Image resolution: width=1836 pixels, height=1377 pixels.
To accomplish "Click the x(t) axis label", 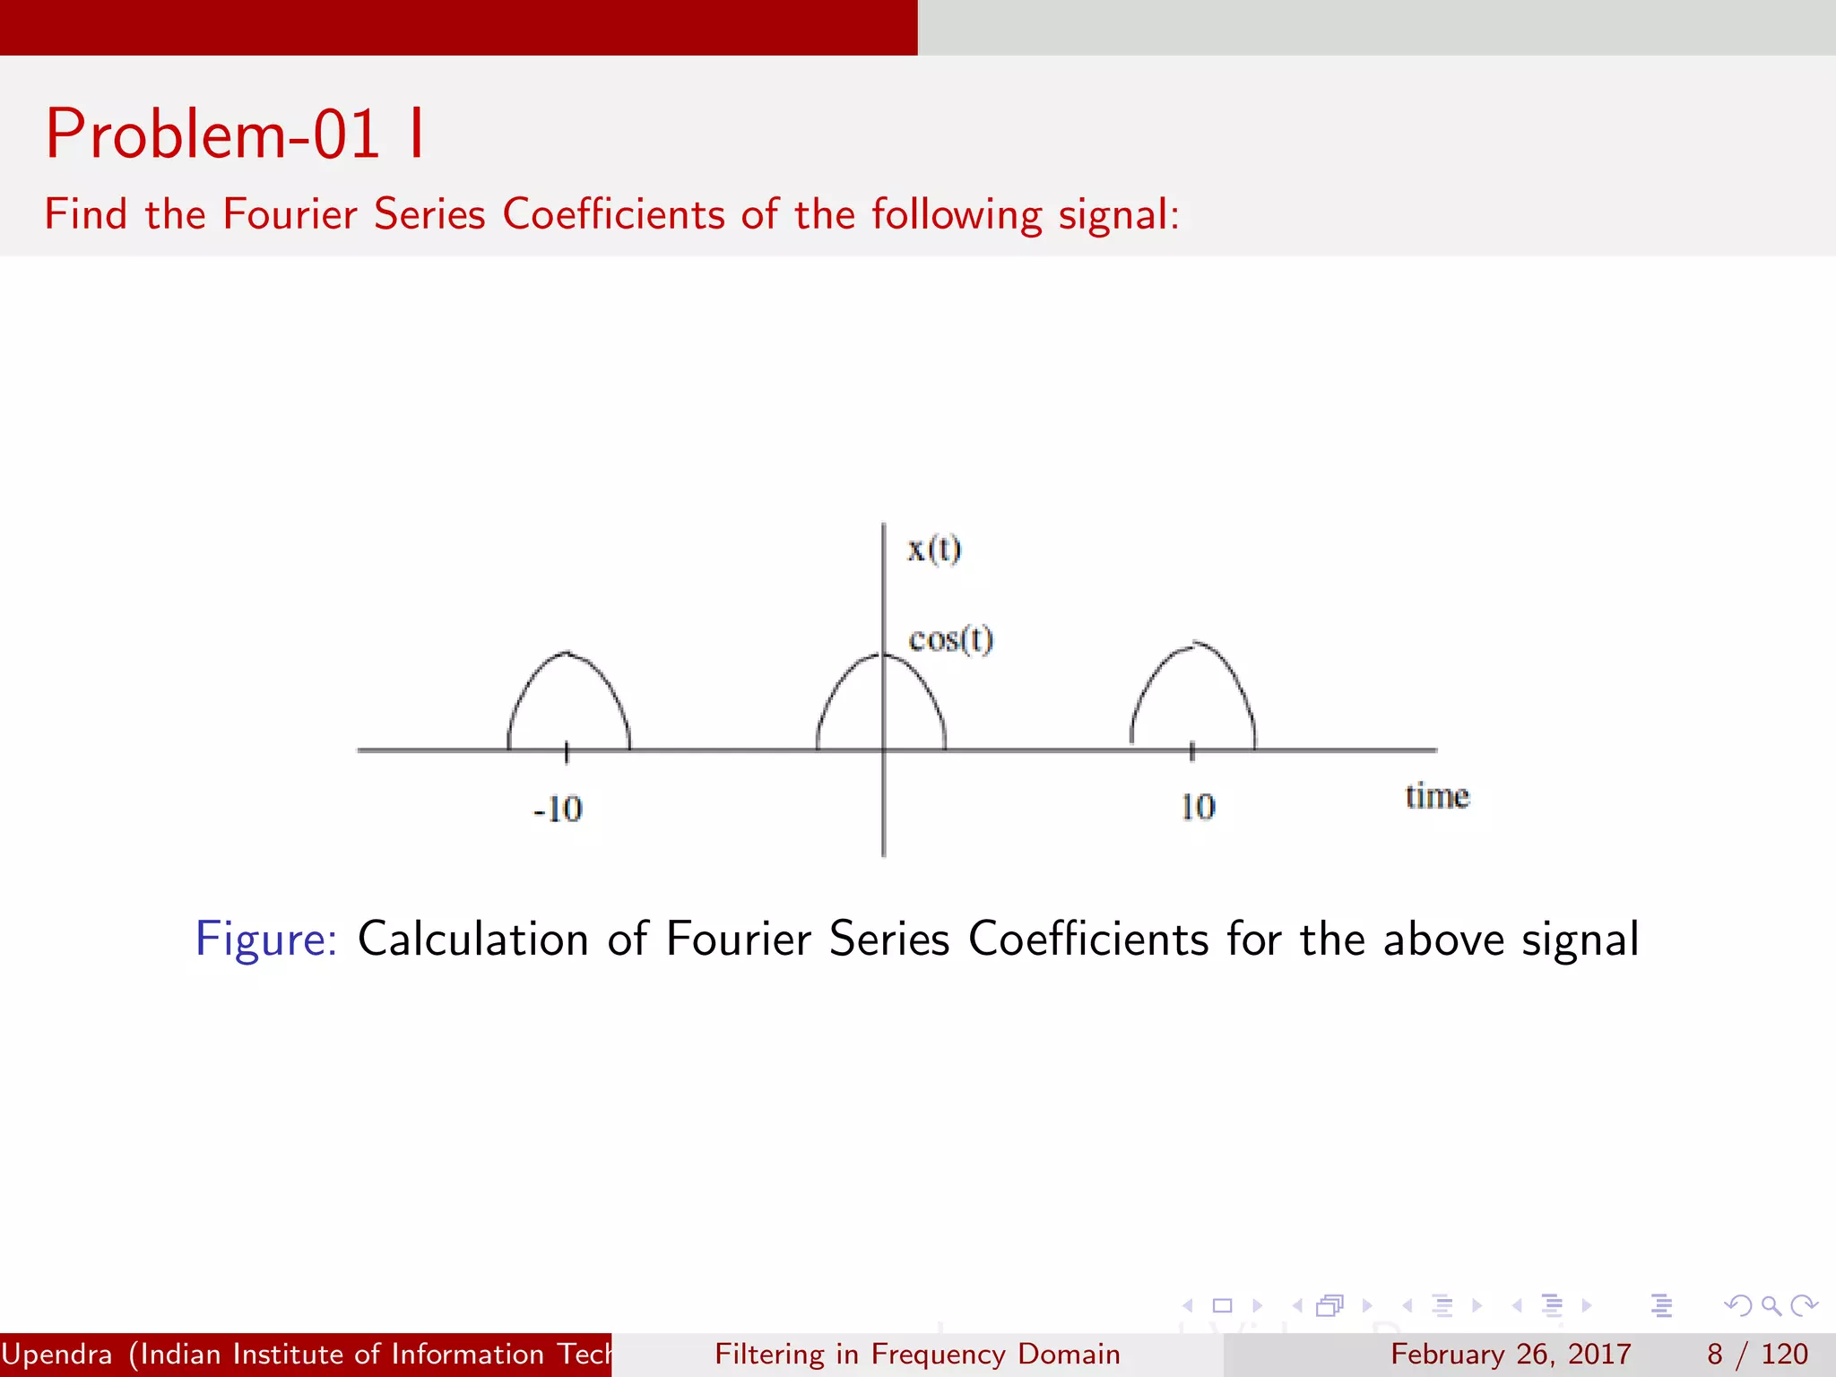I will click(933, 549).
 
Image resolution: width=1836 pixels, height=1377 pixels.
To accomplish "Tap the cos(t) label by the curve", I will click(950, 640).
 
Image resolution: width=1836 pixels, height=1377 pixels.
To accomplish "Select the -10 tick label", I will click(558, 809).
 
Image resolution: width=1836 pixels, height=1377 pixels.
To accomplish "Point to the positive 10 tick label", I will click(1198, 807).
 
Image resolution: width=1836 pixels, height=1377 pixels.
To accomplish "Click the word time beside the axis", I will click(1436, 796).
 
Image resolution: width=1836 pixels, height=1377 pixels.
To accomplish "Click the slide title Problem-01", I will click(213, 134).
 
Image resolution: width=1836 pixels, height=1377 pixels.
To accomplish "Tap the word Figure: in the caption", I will click(266, 940).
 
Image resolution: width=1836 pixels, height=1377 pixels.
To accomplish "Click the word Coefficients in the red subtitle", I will click(613, 214).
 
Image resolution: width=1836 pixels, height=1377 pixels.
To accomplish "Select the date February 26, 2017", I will click(1511, 1354).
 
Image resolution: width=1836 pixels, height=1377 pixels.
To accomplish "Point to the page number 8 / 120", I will click(1757, 1354).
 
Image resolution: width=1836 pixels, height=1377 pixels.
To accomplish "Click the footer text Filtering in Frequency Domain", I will click(917, 1354).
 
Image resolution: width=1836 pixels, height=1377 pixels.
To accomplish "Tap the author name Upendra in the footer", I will click(56, 1354).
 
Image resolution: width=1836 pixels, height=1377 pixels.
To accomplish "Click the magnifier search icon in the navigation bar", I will click(1771, 1305).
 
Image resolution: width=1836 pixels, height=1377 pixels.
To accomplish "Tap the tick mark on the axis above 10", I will click(1191, 750).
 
